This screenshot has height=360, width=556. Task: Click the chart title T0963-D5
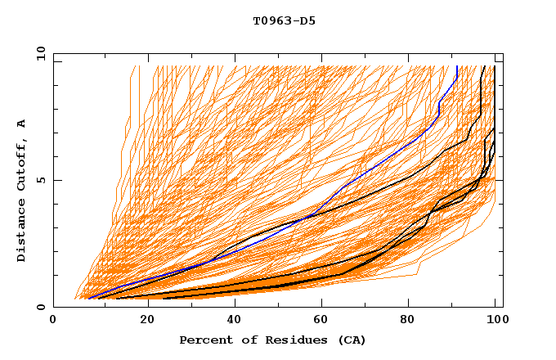tap(284, 21)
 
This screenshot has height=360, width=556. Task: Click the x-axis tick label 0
tap(53, 323)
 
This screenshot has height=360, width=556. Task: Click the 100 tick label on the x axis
tap(493, 323)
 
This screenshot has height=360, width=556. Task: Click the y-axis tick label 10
tap(40, 53)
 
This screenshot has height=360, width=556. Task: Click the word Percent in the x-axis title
tap(204, 340)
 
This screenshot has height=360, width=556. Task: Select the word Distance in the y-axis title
tap(22, 231)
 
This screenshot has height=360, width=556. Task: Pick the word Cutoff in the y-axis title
tap(22, 164)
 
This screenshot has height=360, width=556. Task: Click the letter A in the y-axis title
tap(22, 124)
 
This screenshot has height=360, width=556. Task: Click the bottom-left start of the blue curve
tap(87, 298)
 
